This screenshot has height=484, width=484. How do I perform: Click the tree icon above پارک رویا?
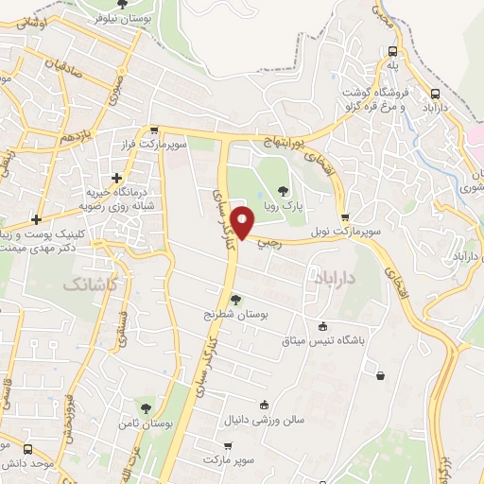[283, 192]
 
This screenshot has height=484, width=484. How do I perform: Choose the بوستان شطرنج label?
[237, 313]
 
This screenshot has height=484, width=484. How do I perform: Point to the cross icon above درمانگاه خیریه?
[116, 177]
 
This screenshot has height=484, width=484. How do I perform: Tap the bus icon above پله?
[392, 52]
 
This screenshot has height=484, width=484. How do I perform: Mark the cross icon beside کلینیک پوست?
[35, 218]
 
